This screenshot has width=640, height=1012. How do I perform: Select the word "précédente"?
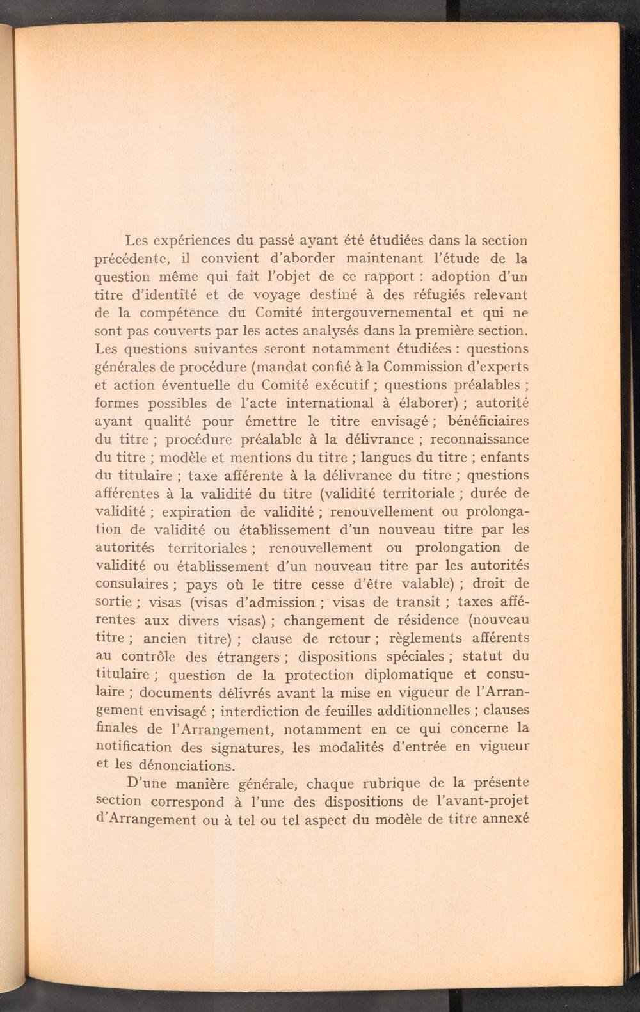pos(131,259)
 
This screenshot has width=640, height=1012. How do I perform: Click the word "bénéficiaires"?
pos(489,421)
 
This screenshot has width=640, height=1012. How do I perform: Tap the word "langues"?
pos(387,457)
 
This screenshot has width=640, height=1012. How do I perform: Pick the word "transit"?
pos(417,602)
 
